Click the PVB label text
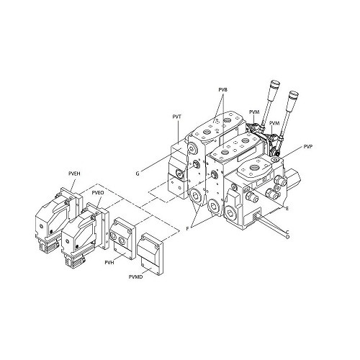click(222, 90)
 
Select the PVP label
click(307, 147)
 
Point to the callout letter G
click(138, 174)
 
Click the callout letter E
click(287, 208)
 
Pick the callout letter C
click(287, 232)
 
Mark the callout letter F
click(187, 228)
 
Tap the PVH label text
click(109, 263)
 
